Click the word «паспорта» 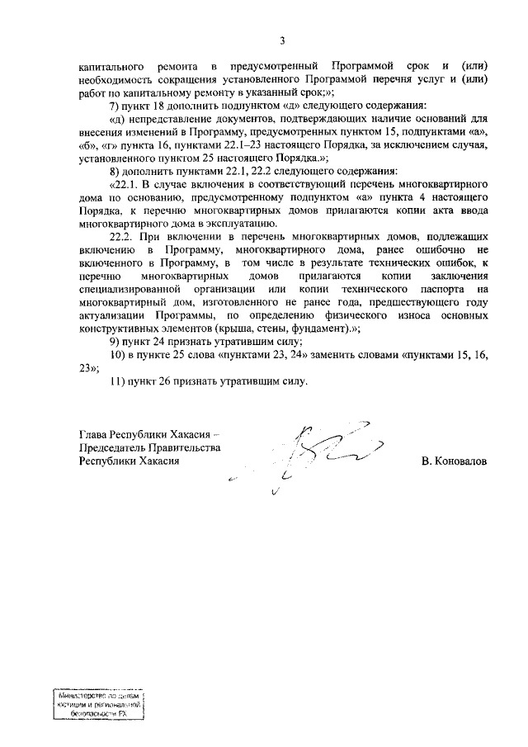coord(456,290)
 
